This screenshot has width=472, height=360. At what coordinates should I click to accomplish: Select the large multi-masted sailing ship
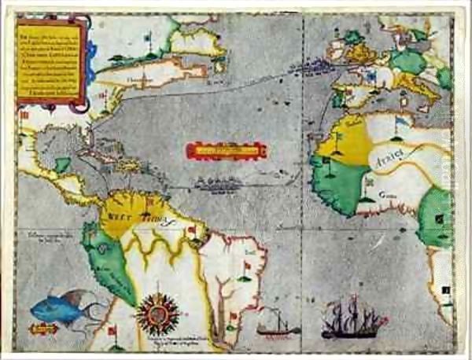(353, 319)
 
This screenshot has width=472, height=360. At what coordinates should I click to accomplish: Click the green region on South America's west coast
(110, 263)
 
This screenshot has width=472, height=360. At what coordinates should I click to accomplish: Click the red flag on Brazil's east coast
(247, 267)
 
